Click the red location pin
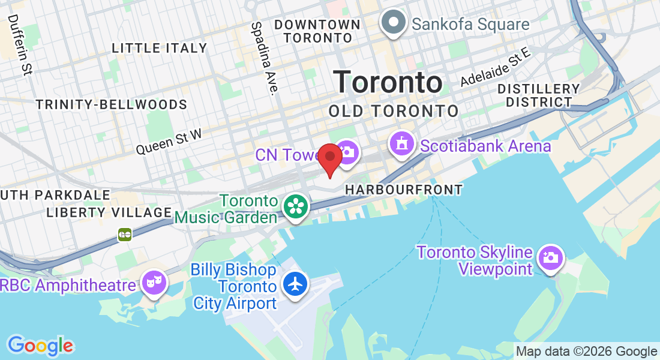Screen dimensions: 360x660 click(x=330, y=157)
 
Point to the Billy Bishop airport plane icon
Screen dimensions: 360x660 click(x=295, y=284)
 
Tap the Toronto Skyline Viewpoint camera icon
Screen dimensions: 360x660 click(x=549, y=258)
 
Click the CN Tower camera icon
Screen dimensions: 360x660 click(x=347, y=152)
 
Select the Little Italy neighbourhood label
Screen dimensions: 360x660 click(x=160, y=48)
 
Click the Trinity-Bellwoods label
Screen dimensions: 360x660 click(x=112, y=104)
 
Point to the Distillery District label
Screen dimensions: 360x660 click(x=538, y=95)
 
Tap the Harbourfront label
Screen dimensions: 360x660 click(x=404, y=190)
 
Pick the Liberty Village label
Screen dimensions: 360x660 click(x=109, y=212)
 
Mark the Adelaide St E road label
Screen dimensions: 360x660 click(x=496, y=67)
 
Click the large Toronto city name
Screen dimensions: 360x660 click(x=388, y=82)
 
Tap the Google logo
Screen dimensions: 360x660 click(x=40, y=346)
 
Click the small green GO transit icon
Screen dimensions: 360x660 click(x=125, y=234)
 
